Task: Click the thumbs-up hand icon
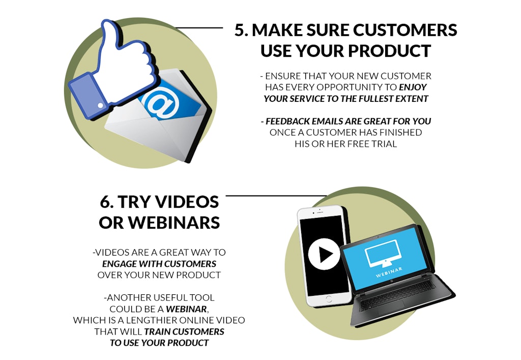click(122, 61)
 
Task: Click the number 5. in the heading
click(241, 30)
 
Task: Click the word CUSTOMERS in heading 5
click(403, 30)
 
